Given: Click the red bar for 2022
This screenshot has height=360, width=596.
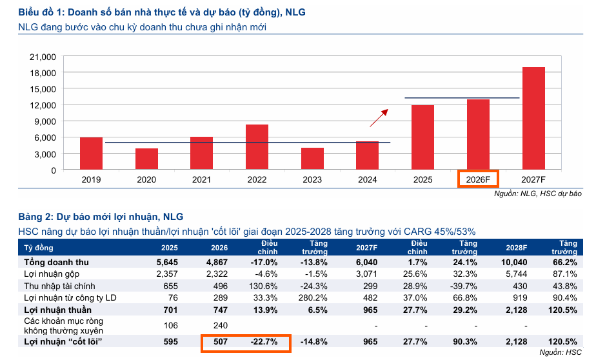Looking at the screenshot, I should click(x=257, y=147).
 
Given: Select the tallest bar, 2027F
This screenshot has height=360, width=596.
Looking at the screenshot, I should click(x=533, y=118).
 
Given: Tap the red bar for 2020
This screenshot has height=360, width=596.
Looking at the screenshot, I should click(x=146, y=159).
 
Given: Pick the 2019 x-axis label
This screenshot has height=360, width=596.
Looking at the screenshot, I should click(x=91, y=180).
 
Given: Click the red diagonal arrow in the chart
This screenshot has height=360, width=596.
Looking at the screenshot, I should click(x=379, y=118).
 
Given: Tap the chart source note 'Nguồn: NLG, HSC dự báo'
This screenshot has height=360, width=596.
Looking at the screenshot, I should click(x=538, y=193).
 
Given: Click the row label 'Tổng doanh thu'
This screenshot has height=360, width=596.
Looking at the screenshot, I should click(x=56, y=263).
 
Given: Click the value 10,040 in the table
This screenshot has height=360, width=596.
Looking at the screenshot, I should click(x=515, y=263).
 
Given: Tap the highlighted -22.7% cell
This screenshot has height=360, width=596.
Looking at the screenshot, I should click(x=264, y=343).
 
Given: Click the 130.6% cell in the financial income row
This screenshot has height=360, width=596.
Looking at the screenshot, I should click(x=264, y=286).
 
